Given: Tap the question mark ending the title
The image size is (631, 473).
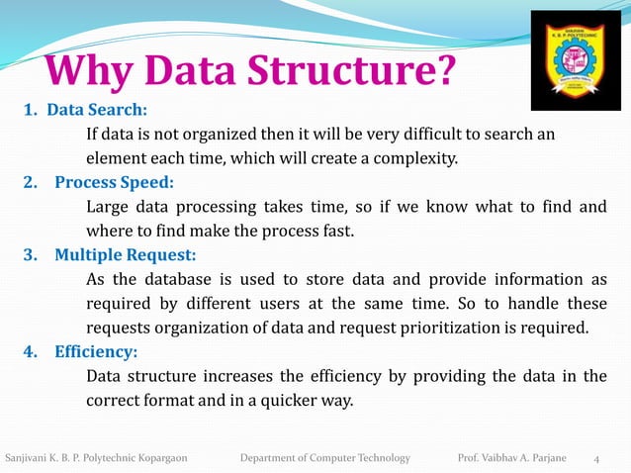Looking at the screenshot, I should coord(444,72).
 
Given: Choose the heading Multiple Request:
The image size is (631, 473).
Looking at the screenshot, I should coord(125,255).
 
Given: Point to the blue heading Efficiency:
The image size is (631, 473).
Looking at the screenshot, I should coord(96,351).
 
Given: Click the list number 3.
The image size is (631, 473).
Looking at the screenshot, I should coord(31,255).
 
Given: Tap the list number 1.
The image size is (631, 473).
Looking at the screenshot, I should coord(30,109).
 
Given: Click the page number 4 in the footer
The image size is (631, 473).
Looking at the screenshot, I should coord(596,458).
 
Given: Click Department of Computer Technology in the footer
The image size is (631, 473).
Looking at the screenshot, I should coord(325,457).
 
